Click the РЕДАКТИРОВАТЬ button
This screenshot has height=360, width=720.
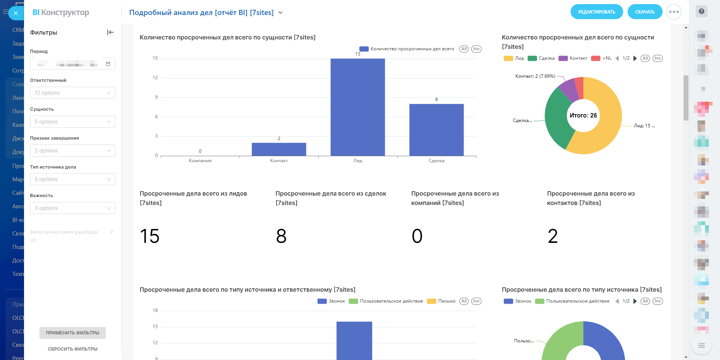[596, 12]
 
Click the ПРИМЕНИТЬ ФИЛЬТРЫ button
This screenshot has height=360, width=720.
[72, 333]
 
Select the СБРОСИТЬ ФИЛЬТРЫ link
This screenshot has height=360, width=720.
[72, 349]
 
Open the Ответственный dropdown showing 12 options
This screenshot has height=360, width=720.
[72, 93]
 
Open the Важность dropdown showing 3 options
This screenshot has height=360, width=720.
[72, 208]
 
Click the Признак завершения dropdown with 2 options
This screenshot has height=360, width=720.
[72, 151]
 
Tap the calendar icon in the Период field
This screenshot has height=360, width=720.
[108, 64]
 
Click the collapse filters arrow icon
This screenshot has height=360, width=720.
[110, 32]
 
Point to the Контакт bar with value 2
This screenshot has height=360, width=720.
[279, 149]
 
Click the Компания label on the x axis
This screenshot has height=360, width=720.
[200, 161]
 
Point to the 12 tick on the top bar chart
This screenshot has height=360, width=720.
[155, 78]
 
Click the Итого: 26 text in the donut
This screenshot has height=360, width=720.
[583, 116]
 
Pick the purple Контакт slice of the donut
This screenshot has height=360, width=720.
[568, 89]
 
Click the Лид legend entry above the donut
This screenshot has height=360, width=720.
[515, 58]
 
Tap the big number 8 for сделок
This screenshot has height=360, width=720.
[281, 236]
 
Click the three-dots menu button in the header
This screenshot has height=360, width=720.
[674, 12]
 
